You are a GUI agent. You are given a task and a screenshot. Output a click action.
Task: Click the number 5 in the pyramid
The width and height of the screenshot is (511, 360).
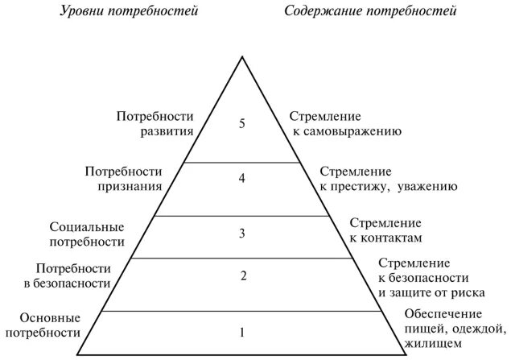pyautogui.click(x=241, y=124)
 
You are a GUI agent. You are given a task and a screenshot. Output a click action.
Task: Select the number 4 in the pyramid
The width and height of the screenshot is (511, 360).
pyautogui.click(x=241, y=178)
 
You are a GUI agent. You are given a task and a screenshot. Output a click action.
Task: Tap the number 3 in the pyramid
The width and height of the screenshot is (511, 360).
pyautogui.click(x=241, y=234)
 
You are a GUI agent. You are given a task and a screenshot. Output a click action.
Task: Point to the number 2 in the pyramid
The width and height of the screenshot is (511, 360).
pyautogui.click(x=242, y=277)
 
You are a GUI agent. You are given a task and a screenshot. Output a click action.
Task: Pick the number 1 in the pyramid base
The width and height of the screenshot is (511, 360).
pyautogui.click(x=242, y=330)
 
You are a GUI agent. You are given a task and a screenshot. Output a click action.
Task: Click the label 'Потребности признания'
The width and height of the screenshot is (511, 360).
pyautogui.click(x=123, y=178)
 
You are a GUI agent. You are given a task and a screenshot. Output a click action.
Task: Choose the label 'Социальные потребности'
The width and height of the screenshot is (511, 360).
pyautogui.click(x=87, y=234)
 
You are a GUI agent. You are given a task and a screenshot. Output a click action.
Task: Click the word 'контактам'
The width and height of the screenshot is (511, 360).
pyautogui.click(x=394, y=238)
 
